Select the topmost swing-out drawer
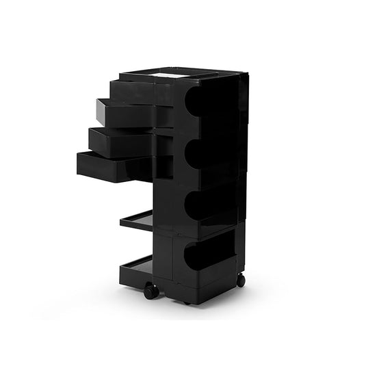pyautogui.click(x=133, y=90)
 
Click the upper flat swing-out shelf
pyautogui.click(x=138, y=220)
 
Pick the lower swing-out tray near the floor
pyautogui.click(x=136, y=267)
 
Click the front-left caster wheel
pyautogui.click(x=151, y=291)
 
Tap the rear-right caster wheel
pyautogui.click(x=241, y=280)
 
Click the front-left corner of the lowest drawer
pyautogui.click(x=79, y=163)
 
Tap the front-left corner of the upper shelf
pyautogui.click(x=122, y=222)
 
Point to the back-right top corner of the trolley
pyautogui.click(x=244, y=74)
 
